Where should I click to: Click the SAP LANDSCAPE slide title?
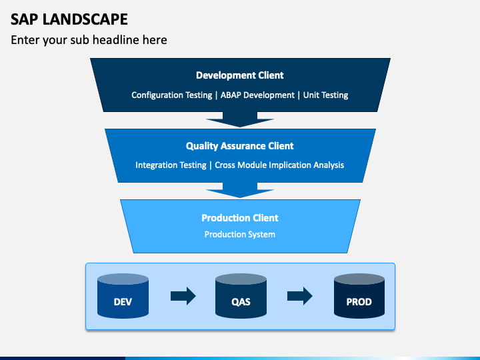tap(69, 19)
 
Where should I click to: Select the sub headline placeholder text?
tap(89, 40)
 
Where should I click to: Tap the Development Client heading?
tap(240, 75)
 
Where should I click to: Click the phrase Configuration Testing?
tap(172, 95)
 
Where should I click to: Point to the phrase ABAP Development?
tap(257, 95)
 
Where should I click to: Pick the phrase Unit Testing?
tap(325, 95)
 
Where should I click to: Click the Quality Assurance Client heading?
tap(240, 146)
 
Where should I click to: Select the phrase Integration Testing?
tap(171, 165)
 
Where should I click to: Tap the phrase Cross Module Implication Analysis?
tap(279, 165)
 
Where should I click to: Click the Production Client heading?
tap(240, 218)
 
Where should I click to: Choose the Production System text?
tap(240, 235)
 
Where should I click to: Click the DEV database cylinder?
tap(123, 296)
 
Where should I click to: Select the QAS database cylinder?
tap(241, 296)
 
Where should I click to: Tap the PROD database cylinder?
tap(359, 296)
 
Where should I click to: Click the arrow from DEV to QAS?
tap(183, 296)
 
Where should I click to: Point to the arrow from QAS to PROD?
tap(300, 296)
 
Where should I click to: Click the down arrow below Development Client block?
tap(240, 120)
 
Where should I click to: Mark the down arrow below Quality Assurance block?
tap(240, 191)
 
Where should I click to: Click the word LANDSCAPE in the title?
tap(85, 19)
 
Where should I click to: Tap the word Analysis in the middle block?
tap(329, 165)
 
